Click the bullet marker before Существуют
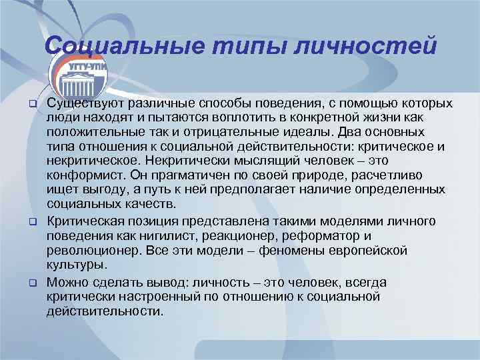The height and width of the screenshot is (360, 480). pyautogui.click(x=31, y=104)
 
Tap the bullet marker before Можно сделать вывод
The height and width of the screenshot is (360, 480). pyautogui.click(x=31, y=282)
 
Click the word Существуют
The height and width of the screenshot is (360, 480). pyautogui.click(x=83, y=103)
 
